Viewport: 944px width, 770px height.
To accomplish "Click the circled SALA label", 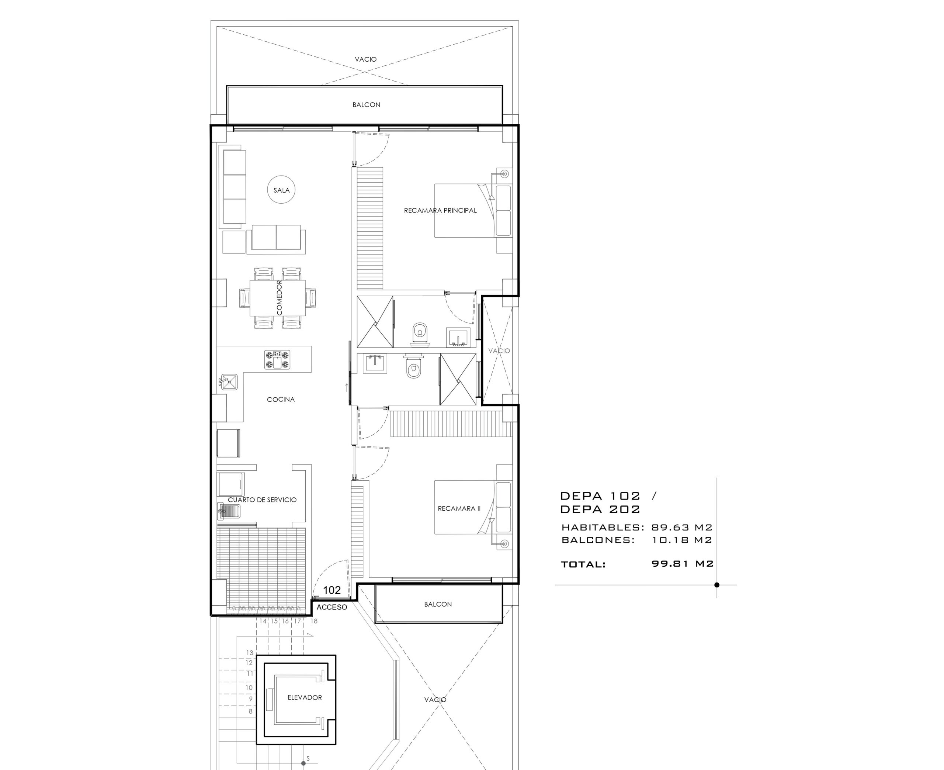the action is (281, 190).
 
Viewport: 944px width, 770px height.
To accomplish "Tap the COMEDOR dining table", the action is (277, 298).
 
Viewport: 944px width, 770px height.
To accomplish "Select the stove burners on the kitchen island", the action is (277, 359).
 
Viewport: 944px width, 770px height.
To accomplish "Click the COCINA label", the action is (281, 399).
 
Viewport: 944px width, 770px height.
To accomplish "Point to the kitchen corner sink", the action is (229, 381).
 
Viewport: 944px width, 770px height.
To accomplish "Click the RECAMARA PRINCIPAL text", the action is (440, 210).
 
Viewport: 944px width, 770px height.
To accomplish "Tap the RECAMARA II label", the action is (459, 508).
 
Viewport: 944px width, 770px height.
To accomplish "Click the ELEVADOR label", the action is (305, 697).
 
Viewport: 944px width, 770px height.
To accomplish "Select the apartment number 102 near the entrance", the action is (332, 590).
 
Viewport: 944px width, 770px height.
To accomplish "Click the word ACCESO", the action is (332, 607).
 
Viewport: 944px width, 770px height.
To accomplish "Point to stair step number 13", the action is (250, 652).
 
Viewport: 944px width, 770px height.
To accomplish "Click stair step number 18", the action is (314, 621).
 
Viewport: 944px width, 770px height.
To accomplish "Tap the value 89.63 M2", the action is (681, 527).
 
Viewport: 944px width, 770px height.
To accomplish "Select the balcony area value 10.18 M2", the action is (681, 540).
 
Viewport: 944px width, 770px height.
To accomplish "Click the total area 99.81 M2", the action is (683, 563).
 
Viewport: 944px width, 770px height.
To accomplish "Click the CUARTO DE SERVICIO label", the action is (262, 500).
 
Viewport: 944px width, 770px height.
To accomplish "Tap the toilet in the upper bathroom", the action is (420, 334).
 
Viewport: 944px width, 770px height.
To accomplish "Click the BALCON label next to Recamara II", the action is (438, 604).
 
